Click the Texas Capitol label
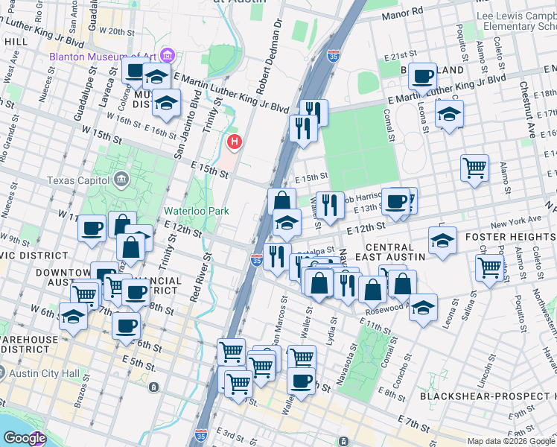[x=77, y=180]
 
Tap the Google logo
[x=24, y=439]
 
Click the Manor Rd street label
[x=401, y=15]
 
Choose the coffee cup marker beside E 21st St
[x=422, y=77]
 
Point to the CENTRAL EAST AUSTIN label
[x=395, y=252]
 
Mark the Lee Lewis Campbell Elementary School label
[x=518, y=20]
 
